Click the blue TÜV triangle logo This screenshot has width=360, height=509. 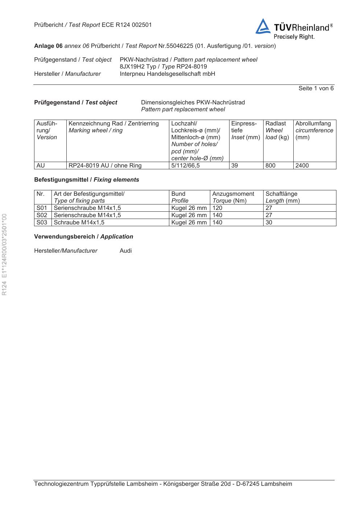pyautogui.click(x=263, y=27)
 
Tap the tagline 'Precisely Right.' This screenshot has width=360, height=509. pyautogui.click(x=294, y=37)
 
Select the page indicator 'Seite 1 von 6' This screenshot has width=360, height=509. pyautogui.click(x=316, y=88)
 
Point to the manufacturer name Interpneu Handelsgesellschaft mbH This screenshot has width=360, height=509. pyautogui.click(x=167, y=74)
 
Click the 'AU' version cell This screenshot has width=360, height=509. pyautogui.click(x=41, y=165)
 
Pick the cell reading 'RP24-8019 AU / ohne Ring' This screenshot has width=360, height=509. pyautogui.click(x=105, y=165)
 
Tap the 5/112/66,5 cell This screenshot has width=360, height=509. pyautogui.click(x=185, y=165)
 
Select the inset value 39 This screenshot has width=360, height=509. pyautogui.click(x=235, y=165)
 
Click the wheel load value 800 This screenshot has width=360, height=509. pyautogui.click(x=270, y=165)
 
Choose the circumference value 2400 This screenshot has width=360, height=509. pyautogui.click(x=302, y=165)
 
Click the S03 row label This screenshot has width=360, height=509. pyautogui.click(x=42, y=222)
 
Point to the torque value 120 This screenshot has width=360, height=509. pyautogui.click(x=217, y=208)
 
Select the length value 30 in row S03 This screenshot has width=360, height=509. pyautogui.click(x=269, y=222)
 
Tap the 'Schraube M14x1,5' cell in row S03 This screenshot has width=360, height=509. pyautogui.click(x=79, y=222)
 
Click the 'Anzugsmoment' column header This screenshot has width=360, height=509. pyautogui.click(x=233, y=194)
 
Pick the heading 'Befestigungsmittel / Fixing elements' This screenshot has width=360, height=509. pyautogui.click(x=86, y=179)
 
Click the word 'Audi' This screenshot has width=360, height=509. pyautogui.click(x=125, y=251)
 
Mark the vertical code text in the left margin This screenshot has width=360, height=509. pyautogui.click(x=4, y=254)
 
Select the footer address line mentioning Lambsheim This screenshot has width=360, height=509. pyautogui.click(x=163, y=484)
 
